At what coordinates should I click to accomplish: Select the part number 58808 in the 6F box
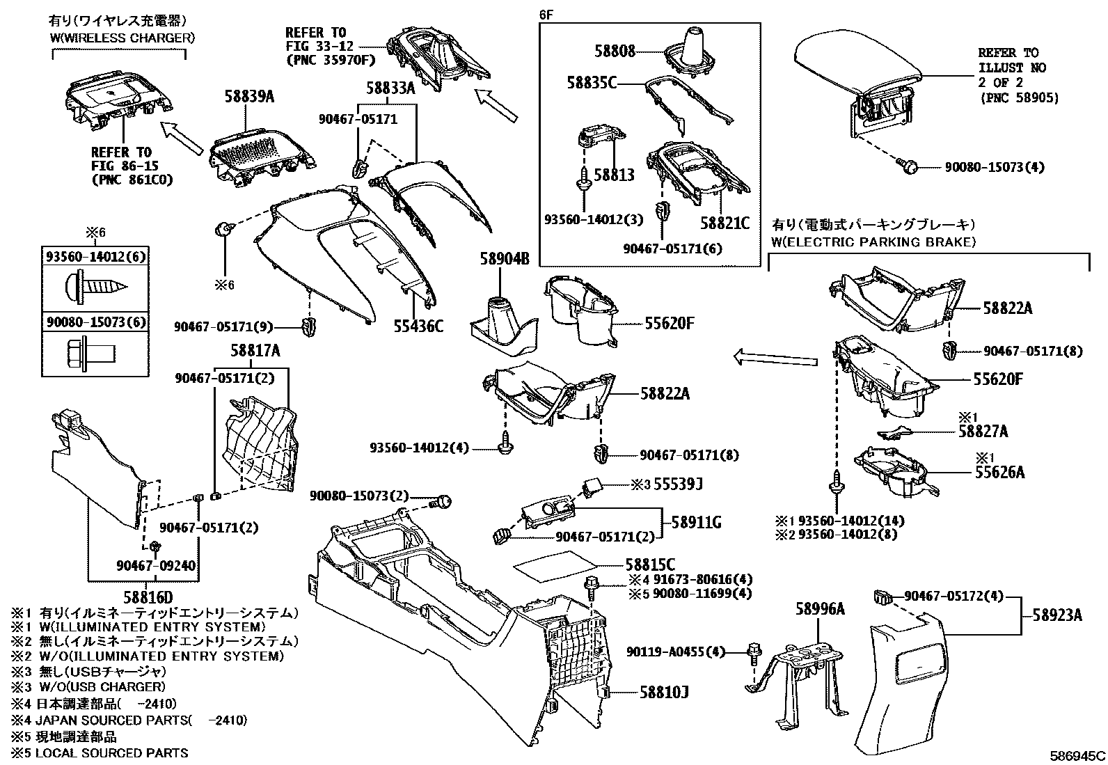coord(615,51)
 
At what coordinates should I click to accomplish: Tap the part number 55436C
coord(418,325)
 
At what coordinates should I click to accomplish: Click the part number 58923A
coord(1057,615)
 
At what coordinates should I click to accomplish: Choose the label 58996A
coord(820,609)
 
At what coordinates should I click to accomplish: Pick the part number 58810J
coord(664,693)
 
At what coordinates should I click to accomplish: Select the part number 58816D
coord(148,597)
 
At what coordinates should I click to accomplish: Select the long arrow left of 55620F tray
coord(775,358)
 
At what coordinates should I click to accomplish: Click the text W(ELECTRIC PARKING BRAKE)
coord(873,242)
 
